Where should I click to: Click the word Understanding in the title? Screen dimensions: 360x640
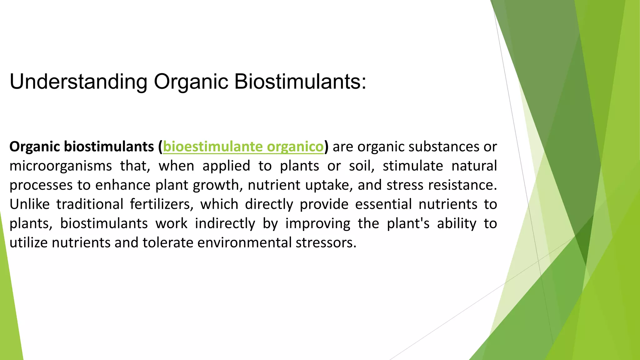[x=78, y=82]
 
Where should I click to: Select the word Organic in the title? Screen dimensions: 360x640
[x=191, y=82]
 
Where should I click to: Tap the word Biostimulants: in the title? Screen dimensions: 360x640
[x=300, y=82]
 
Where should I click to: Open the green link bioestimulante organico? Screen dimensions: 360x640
[x=243, y=147]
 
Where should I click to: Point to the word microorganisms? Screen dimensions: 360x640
[x=60, y=166]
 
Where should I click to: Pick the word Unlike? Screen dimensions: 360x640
[x=29, y=204]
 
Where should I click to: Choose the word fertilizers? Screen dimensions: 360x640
[x=162, y=204]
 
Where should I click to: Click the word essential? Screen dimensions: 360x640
[x=383, y=204]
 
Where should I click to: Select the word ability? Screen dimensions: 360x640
[x=457, y=224]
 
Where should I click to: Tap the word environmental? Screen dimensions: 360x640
[x=244, y=243]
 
